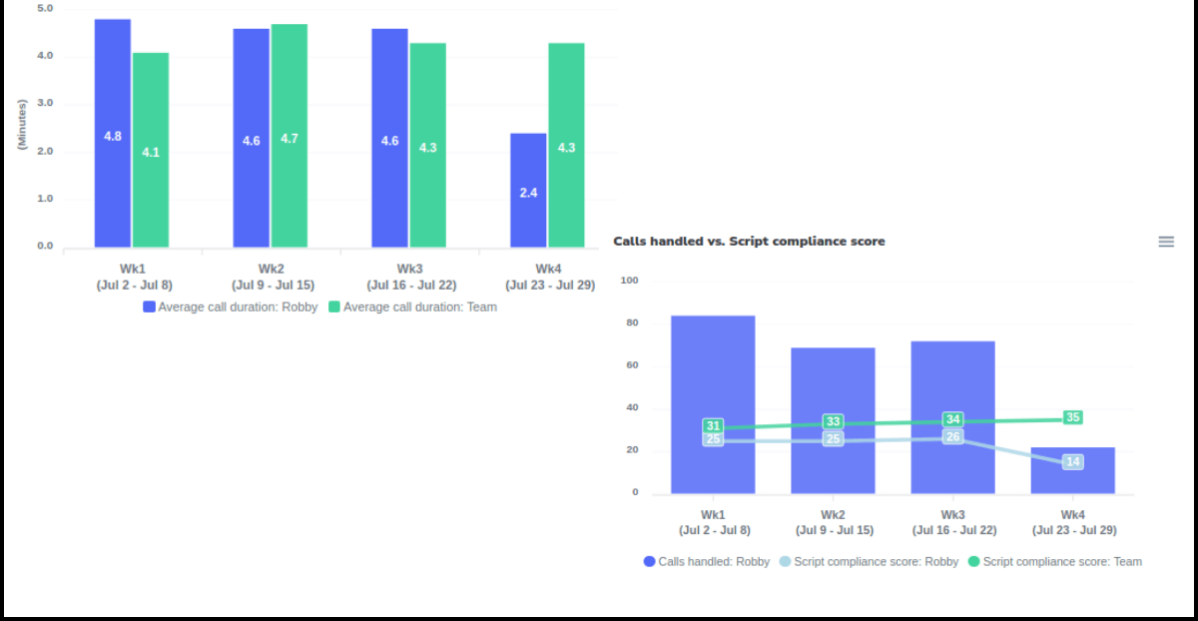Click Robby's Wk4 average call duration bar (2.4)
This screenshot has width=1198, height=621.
pyautogui.click(x=528, y=191)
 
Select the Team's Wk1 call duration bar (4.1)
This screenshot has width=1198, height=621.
pyautogui.click(x=151, y=151)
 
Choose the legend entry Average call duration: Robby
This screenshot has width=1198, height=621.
pyautogui.click(x=231, y=308)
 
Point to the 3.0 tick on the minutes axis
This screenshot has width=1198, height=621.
pyautogui.click(x=45, y=104)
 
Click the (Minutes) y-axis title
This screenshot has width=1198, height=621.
pyautogui.click(x=21, y=125)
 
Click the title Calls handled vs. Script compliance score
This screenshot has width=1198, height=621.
pyautogui.click(x=749, y=242)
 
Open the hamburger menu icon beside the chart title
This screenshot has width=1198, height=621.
pyautogui.click(x=1166, y=242)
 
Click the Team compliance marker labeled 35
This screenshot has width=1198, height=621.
pyautogui.click(x=1073, y=417)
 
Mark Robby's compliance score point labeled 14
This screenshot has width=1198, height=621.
pyautogui.click(x=1072, y=461)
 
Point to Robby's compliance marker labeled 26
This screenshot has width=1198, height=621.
pyautogui.click(x=953, y=436)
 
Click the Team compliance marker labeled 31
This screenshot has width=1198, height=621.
pyautogui.click(x=713, y=426)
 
